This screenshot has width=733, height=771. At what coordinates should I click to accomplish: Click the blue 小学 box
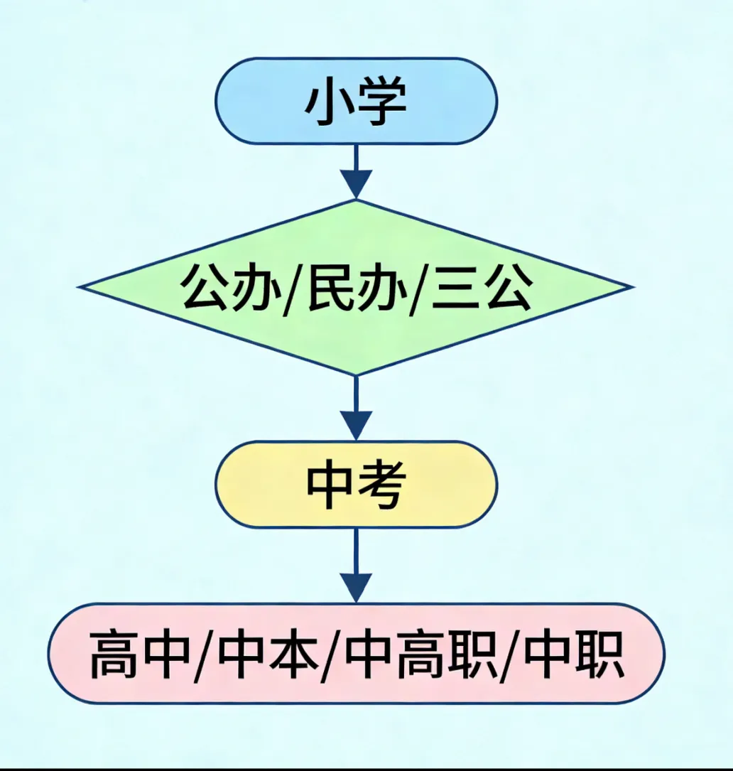coord(356,102)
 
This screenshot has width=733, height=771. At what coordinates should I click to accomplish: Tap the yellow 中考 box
coord(356,485)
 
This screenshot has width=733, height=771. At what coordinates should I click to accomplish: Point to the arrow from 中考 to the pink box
coord(356,565)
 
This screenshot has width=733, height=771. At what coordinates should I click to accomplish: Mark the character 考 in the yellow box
coord(382,485)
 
